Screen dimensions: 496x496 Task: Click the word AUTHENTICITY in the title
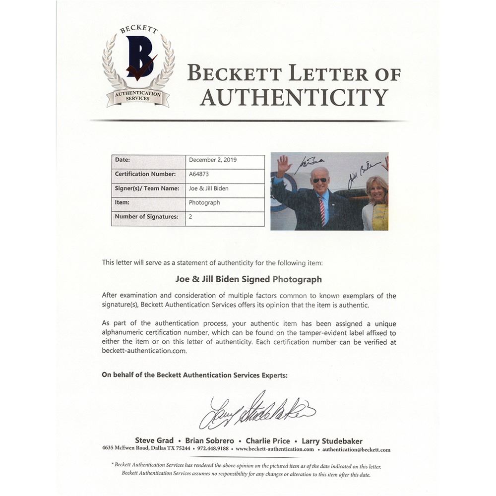tap(294, 97)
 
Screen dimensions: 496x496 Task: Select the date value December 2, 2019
tap(213, 160)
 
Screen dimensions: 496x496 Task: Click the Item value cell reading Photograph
tap(204, 203)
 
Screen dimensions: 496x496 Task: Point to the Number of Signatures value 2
tap(191, 217)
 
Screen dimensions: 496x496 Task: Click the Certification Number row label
tap(145, 175)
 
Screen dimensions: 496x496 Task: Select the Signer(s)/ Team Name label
tap(147, 188)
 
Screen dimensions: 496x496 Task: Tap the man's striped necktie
tap(322, 211)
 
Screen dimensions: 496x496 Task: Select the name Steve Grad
tap(154, 440)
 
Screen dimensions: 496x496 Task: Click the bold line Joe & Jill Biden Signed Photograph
tap(248, 279)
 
